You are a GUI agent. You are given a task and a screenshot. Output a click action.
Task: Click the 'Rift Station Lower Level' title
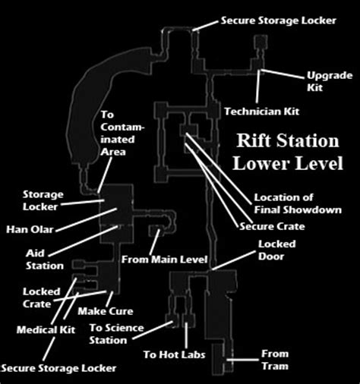click(x=288, y=152)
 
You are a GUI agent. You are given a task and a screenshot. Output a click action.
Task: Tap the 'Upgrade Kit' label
click(x=330, y=81)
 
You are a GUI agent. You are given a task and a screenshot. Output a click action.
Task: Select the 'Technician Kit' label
click(x=262, y=112)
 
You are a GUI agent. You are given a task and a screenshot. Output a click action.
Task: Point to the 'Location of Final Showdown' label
click(x=298, y=203)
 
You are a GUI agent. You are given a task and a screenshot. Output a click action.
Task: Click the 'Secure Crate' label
click(x=272, y=226)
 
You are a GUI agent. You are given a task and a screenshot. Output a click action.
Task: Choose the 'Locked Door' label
click(x=276, y=250)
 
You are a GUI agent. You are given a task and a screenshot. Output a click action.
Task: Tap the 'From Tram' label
click(x=275, y=360)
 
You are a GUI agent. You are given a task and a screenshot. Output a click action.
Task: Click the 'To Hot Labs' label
click(x=174, y=354)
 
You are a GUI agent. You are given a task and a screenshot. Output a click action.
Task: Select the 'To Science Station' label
click(x=116, y=334)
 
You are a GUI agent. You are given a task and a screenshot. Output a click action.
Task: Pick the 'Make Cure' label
click(x=106, y=311)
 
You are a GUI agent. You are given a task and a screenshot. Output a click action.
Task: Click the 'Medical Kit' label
click(x=46, y=330)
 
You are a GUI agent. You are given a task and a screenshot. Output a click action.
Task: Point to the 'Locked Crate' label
click(x=42, y=297)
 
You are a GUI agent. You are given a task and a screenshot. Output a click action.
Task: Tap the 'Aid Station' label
click(x=45, y=260)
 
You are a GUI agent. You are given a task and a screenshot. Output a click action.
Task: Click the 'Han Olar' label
click(x=30, y=229)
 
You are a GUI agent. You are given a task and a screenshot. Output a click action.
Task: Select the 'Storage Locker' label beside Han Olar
click(x=43, y=200)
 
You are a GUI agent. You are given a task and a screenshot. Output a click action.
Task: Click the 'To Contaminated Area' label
click(x=122, y=134)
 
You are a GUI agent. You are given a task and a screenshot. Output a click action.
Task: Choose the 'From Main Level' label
click(x=164, y=260)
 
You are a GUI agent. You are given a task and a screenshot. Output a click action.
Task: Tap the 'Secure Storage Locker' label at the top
click(x=279, y=20)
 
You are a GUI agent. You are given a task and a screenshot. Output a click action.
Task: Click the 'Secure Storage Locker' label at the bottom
click(x=58, y=368)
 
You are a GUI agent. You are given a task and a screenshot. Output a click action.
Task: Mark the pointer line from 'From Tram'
click(x=242, y=360)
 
